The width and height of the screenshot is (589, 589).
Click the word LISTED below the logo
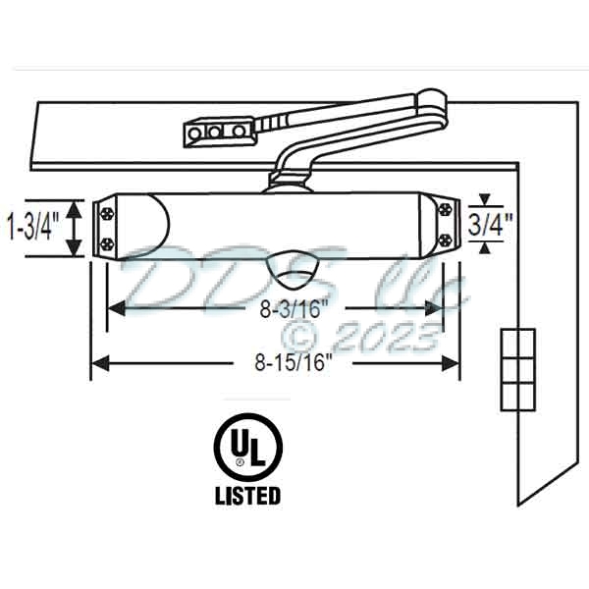coord(247,496)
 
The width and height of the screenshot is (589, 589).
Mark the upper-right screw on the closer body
coord(448,209)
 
